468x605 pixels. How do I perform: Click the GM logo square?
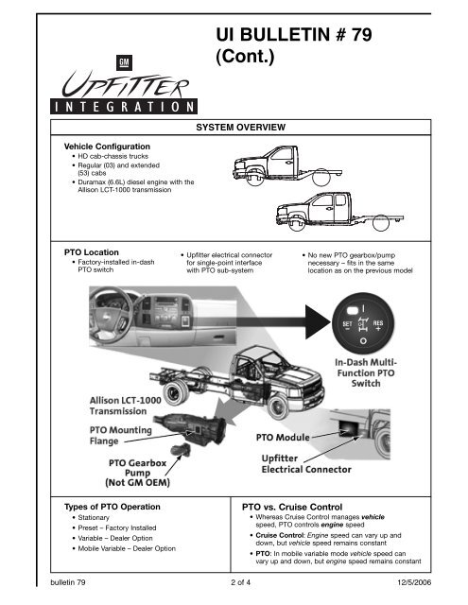point(124,63)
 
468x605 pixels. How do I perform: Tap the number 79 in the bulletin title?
point(361,35)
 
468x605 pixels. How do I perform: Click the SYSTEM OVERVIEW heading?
point(241,128)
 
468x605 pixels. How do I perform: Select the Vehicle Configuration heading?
point(107,147)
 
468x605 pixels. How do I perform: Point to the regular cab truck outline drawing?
point(287,166)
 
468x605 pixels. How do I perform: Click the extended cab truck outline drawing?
point(339,212)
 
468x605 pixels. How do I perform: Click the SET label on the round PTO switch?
point(347,325)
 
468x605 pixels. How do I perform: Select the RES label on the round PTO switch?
point(378,325)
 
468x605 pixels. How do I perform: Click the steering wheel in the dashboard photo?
point(112,315)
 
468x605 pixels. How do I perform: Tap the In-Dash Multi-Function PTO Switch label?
point(366,372)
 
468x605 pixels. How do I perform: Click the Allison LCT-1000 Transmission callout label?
point(126,406)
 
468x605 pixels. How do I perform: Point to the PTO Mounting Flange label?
point(121,435)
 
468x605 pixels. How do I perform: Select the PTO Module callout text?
point(283,437)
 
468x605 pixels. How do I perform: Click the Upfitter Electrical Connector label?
point(306,464)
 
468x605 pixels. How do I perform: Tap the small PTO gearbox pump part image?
point(182,450)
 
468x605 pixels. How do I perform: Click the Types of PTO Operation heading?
point(113,507)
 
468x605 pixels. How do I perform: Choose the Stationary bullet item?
point(94,517)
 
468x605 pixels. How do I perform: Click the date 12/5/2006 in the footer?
point(414,582)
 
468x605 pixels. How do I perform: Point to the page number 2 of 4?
point(240,582)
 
